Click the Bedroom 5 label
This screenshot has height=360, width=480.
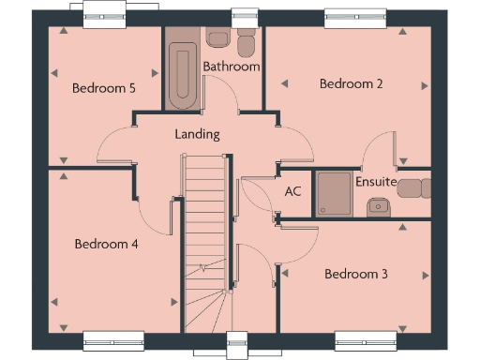point(104,89)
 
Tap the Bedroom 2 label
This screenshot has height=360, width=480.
point(352,83)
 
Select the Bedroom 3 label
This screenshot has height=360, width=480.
point(356,274)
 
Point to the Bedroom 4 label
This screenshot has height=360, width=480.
point(107,244)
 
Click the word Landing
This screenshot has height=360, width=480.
point(197,134)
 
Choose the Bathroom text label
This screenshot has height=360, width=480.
point(232,67)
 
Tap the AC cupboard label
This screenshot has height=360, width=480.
point(292,190)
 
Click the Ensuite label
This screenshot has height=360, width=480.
point(376,181)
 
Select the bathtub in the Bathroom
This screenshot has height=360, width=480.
point(181,75)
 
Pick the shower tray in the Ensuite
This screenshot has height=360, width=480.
point(334,193)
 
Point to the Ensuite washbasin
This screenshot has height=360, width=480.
point(379,205)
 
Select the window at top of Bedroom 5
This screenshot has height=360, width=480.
point(110,10)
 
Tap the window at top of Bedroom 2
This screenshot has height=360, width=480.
point(350,14)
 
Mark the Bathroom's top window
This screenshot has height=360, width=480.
point(245,14)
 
